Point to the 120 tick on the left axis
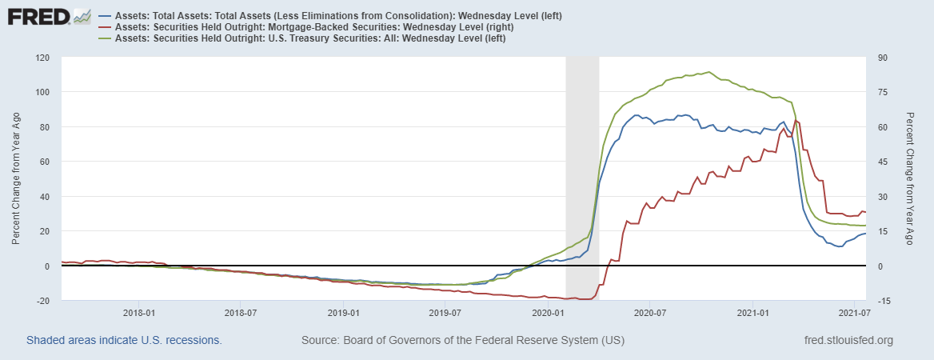tap(42, 58)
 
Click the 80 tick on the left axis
tap(46, 127)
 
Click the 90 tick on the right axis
tap(882, 58)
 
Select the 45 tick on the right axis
tap(882, 162)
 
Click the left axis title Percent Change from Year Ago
tap(17, 179)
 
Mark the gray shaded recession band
tap(582, 176)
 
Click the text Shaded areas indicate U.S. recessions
tap(123, 341)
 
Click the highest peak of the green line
tap(708, 72)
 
